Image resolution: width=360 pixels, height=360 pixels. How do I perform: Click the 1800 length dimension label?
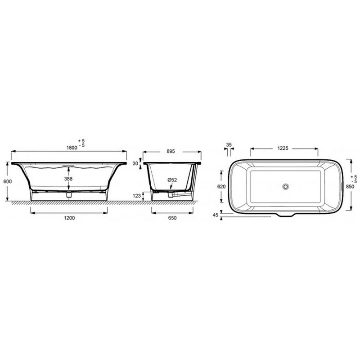click(x=72, y=148)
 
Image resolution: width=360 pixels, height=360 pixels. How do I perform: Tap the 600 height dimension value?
click(x=8, y=181)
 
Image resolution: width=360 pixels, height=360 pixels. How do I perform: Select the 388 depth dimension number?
click(x=68, y=178)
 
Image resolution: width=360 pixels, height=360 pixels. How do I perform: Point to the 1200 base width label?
click(x=69, y=218)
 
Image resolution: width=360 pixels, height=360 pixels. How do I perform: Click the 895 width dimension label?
click(x=171, y=151)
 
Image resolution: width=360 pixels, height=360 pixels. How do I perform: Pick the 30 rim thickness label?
click(x=135, y=163)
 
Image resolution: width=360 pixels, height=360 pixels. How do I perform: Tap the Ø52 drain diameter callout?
click(x=172, y=180)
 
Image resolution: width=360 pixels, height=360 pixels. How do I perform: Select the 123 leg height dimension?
click(x=137, y=196)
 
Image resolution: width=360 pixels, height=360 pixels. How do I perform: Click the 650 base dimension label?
click(x=172, y=218)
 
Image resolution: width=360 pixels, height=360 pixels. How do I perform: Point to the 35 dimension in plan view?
click(x=229, y=144)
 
